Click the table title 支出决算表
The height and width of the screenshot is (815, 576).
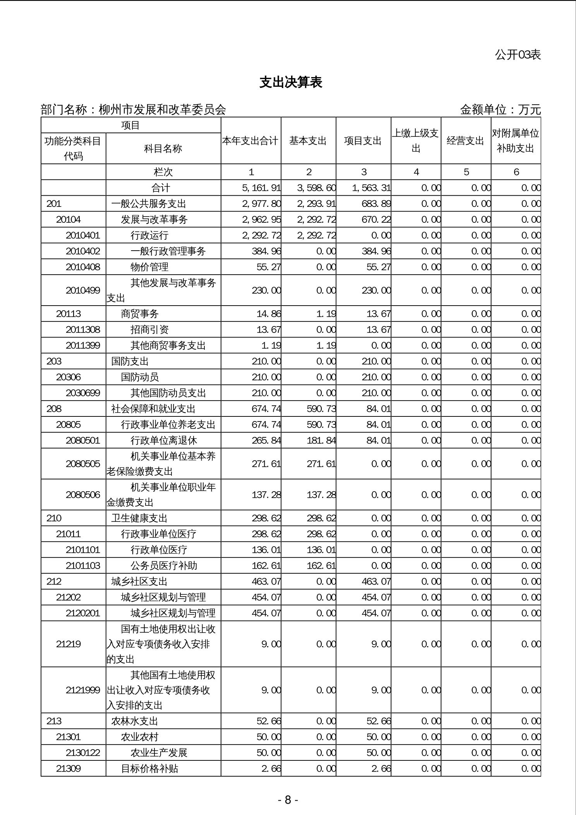coord(291,83)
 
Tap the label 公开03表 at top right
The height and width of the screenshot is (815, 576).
coord(518,55)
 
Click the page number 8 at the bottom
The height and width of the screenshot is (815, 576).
coord(288,800)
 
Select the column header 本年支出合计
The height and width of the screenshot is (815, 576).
coord(250,141)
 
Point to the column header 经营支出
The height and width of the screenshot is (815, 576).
coord(465,141)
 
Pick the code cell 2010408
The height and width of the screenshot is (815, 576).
coord(83,267)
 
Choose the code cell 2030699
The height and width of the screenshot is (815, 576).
coord(83,393)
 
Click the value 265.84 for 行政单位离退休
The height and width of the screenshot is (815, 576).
coord(266,440)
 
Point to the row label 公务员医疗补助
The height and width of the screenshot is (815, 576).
coord(164,566)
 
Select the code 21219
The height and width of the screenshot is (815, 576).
coord(69,644)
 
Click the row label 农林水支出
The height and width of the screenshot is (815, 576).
coord(135,721)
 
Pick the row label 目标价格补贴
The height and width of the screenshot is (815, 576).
coord(149,769)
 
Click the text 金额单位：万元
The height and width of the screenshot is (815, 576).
coord(500,110)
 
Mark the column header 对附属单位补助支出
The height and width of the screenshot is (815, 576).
coord(516,141)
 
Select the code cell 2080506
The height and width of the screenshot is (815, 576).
coord(83,495)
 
